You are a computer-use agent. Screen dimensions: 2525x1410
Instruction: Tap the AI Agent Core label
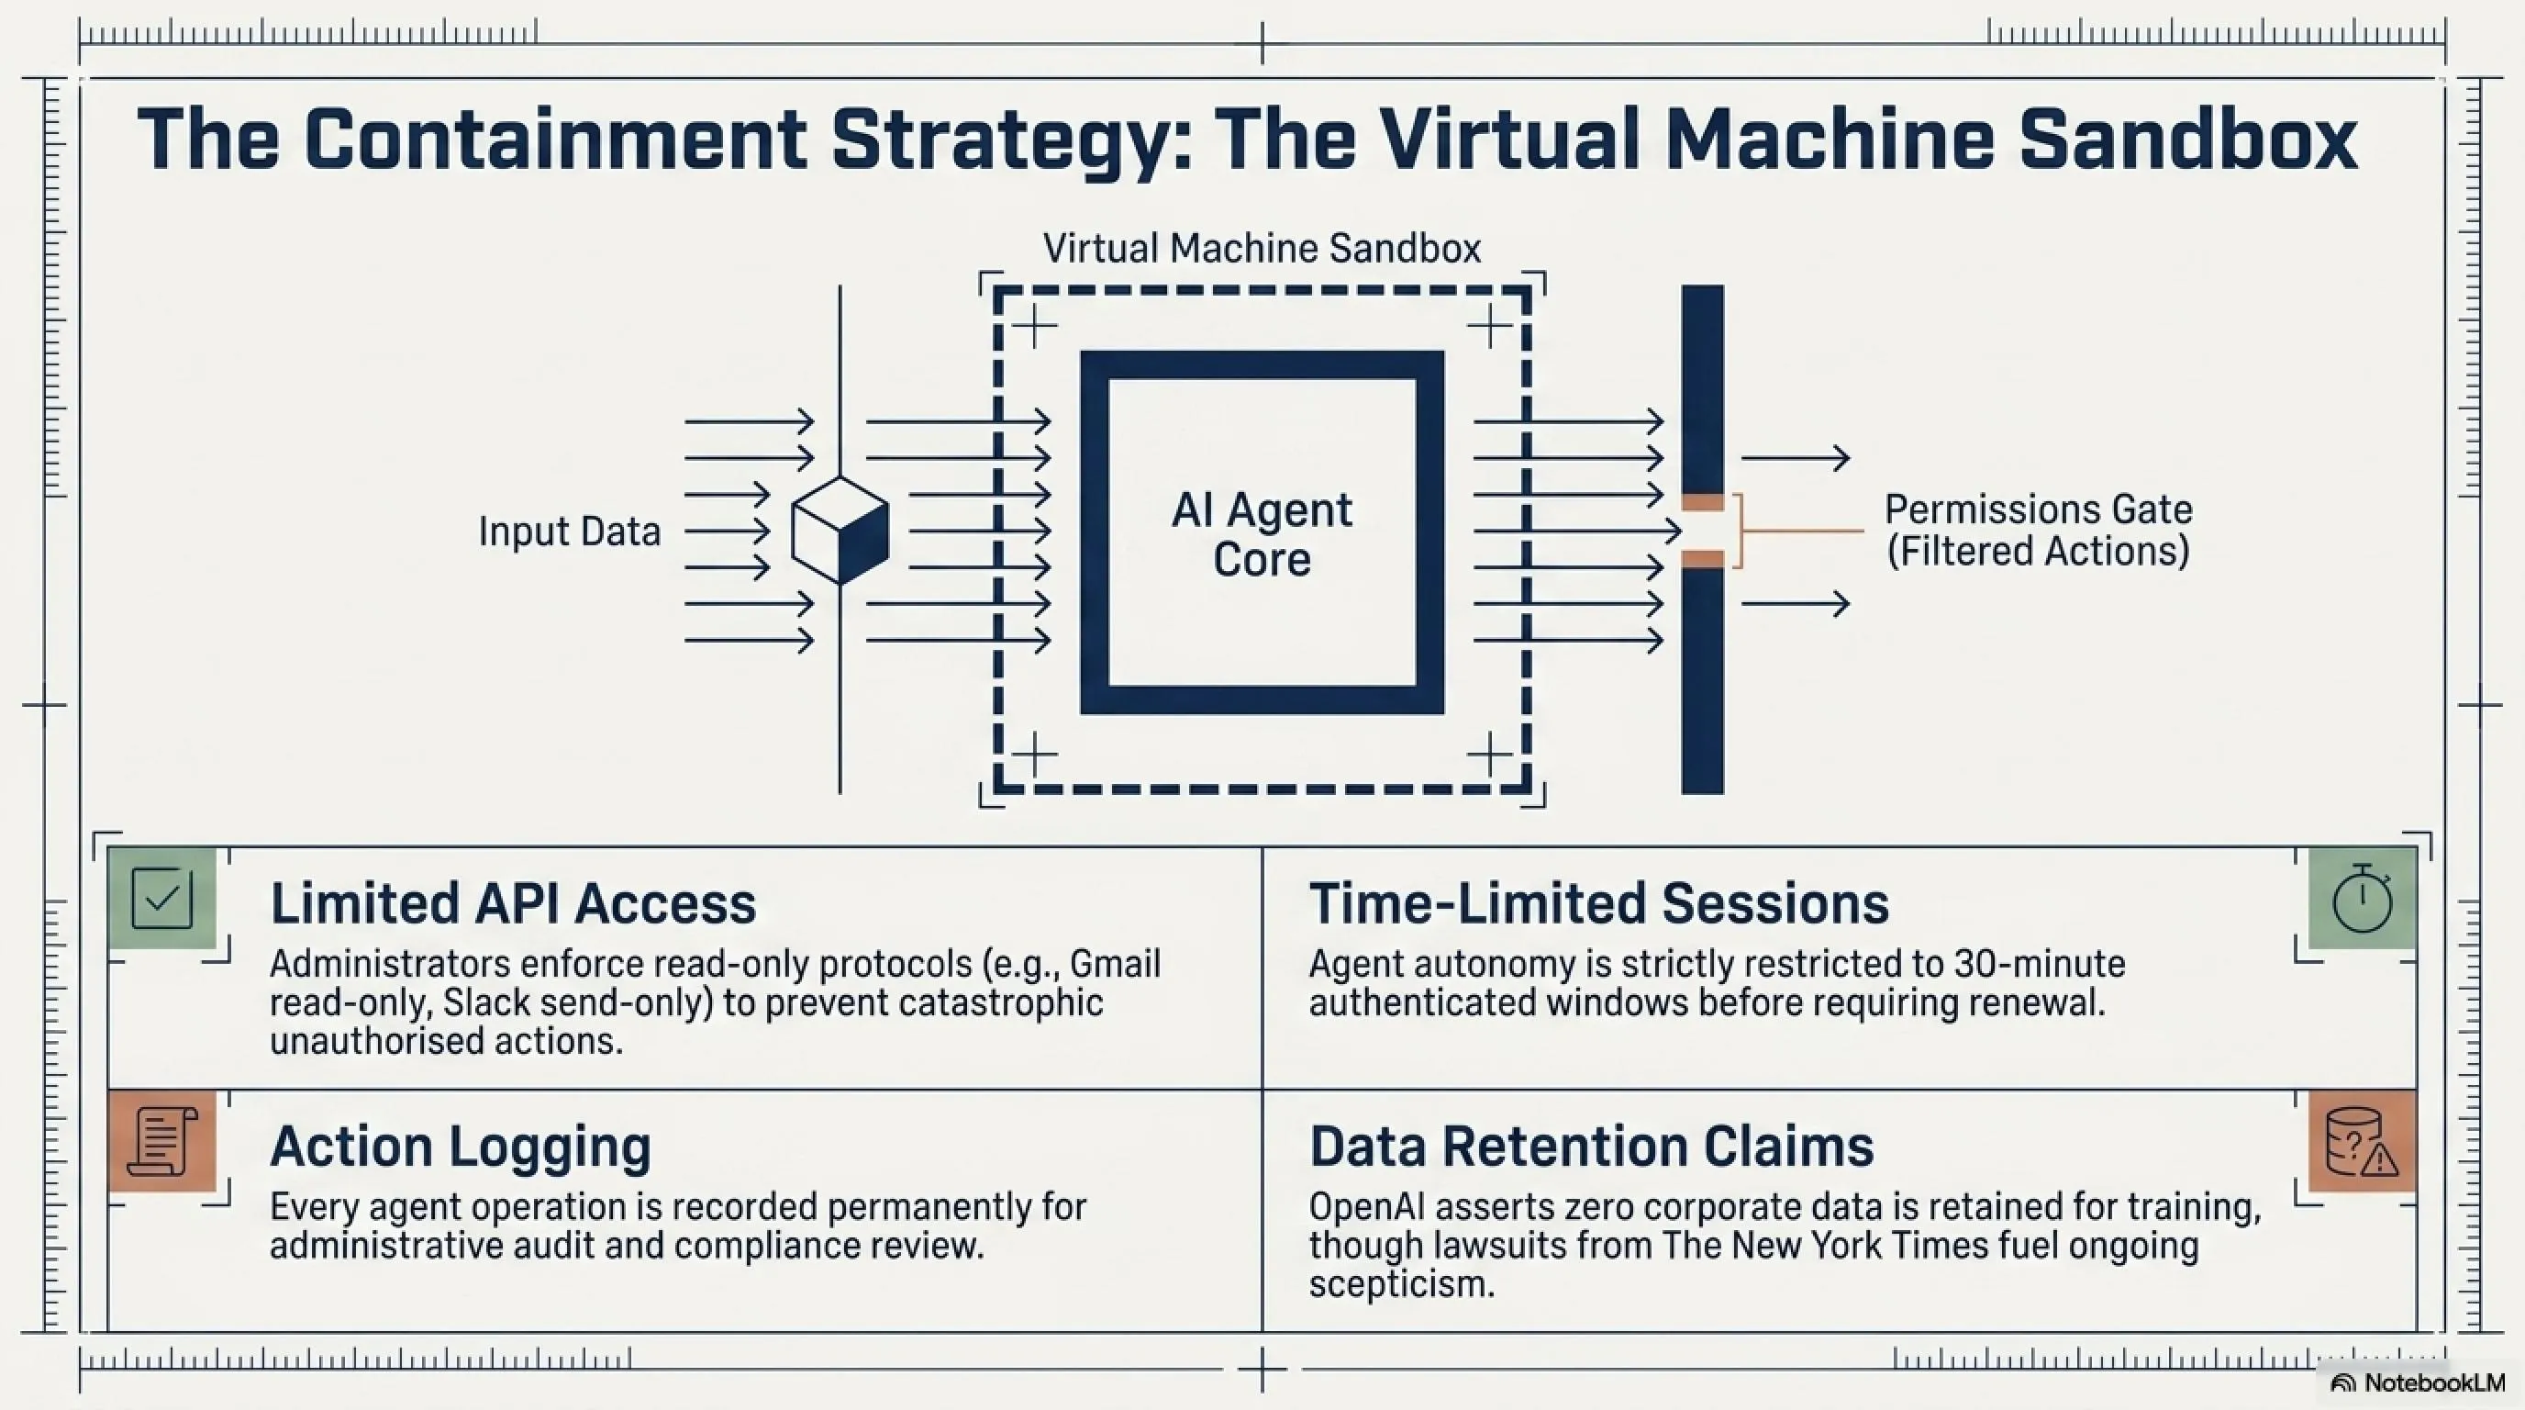(1262, 533)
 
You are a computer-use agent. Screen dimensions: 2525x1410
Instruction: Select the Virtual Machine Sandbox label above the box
(1262, 248)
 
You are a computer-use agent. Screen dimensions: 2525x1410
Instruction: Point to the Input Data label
(570, 532)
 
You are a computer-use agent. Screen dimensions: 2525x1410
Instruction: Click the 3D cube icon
(840, 531)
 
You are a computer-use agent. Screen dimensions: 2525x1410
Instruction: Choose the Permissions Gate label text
(2038, 531)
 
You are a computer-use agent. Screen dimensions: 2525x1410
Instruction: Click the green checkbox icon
(161, 897)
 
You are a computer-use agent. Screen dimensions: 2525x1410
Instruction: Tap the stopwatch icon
(2363, 897)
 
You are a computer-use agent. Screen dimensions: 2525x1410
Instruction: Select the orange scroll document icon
(161, 1140)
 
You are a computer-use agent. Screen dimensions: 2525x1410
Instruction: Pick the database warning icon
(2363, 1140)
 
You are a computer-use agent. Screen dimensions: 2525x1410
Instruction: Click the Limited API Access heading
(513, 903)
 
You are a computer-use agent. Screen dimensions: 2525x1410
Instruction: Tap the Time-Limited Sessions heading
(1598, 903)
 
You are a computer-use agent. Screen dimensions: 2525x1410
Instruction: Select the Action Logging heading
(461, 1147)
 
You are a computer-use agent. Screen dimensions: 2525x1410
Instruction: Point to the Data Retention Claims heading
(1592, 1147)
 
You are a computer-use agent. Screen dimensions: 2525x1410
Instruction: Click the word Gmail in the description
(1115, 964)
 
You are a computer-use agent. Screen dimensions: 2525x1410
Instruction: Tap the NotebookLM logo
(2417, 1382)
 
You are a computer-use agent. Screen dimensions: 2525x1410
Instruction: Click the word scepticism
(1402, 1284)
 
